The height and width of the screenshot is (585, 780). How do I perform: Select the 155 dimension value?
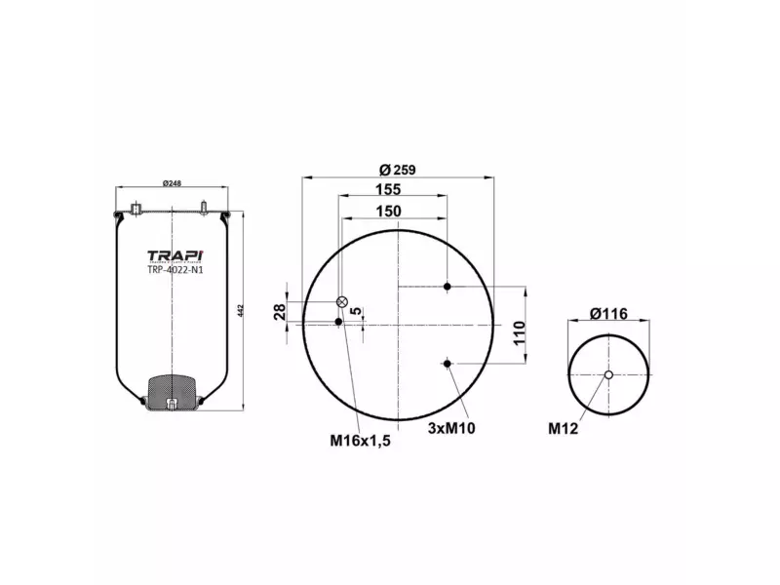click(392, 190)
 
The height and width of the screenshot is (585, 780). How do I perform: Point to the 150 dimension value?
click(388, 212)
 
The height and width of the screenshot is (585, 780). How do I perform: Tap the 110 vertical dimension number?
click(520, 333)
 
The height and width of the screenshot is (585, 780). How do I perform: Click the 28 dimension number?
click(279, 312)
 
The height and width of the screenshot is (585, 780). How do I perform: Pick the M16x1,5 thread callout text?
click(360, 442)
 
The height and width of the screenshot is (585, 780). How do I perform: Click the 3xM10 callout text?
click(450, 428)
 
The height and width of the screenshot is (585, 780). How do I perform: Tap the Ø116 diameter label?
click(607, 313)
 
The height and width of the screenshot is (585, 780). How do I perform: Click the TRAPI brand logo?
click(175, 254)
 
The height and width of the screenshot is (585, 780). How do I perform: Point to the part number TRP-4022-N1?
click(175, 270)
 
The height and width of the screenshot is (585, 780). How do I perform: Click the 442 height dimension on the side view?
click(240, 311)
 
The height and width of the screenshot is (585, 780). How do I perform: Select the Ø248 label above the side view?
click(173, 184)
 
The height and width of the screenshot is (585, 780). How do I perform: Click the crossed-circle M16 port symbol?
click(342, 302)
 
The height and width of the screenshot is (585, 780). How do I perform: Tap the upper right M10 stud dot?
click(448, 286)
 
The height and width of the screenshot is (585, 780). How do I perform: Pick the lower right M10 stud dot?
click(448, 364)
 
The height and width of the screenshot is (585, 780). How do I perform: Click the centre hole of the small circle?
click(609, 375)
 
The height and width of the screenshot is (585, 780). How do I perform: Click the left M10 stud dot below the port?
click(338, 322)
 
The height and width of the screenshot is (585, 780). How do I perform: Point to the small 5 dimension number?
click(356, 311)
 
